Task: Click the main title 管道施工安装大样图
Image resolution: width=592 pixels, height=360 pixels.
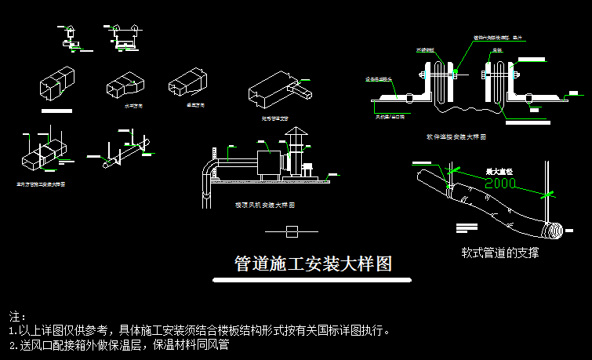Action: (x=313, y=264)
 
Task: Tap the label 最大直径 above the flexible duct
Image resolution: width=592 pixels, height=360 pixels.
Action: (x=499, y=171)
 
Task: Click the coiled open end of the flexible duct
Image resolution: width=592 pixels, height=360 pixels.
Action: (x=554, y=231)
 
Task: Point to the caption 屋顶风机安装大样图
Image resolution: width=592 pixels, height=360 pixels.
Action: (x=264, y=205)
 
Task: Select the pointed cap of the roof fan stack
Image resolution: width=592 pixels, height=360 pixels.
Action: (x=296, y=139)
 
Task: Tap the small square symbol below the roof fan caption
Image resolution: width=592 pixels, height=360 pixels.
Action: (x=292, y=231)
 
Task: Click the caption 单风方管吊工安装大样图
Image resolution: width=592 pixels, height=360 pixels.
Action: (x=41, y=185)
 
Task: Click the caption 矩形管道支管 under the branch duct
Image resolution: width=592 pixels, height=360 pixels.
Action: (x=275, y=118)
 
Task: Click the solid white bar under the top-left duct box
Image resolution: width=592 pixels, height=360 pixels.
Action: (x=55, y=112)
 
